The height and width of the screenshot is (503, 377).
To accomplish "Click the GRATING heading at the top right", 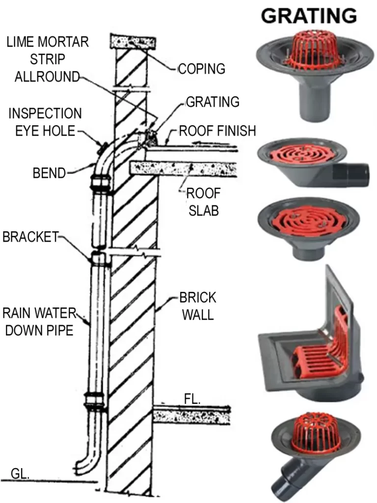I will click(x=309, y=16).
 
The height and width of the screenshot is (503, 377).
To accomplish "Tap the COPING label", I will click(x=201, y=69).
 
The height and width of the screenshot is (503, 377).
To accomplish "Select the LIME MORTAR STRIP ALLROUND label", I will click(x=48, y=59).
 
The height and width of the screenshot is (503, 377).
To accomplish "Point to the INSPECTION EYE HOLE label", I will click(x=45, y=122).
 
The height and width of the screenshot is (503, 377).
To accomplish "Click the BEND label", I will click(x=49, y=173).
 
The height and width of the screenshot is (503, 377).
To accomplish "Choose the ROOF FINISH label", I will click(x=217, y=131).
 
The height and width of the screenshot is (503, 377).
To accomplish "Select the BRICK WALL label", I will click(x=198, y=306).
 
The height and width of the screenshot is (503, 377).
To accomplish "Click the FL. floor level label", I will click(x=192, y=399).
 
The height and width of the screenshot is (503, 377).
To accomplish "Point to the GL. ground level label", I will click(x=20, y=474).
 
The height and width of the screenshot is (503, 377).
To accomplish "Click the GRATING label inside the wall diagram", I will click(x=212, y=102).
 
